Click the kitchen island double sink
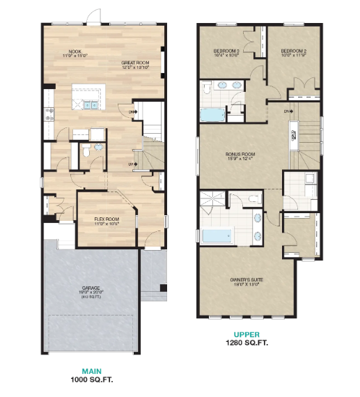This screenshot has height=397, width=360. click(93, 105)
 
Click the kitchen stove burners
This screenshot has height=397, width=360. click(49, 114)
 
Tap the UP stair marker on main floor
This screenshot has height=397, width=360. click(132, 164)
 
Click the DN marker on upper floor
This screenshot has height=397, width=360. click(287, 111)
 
